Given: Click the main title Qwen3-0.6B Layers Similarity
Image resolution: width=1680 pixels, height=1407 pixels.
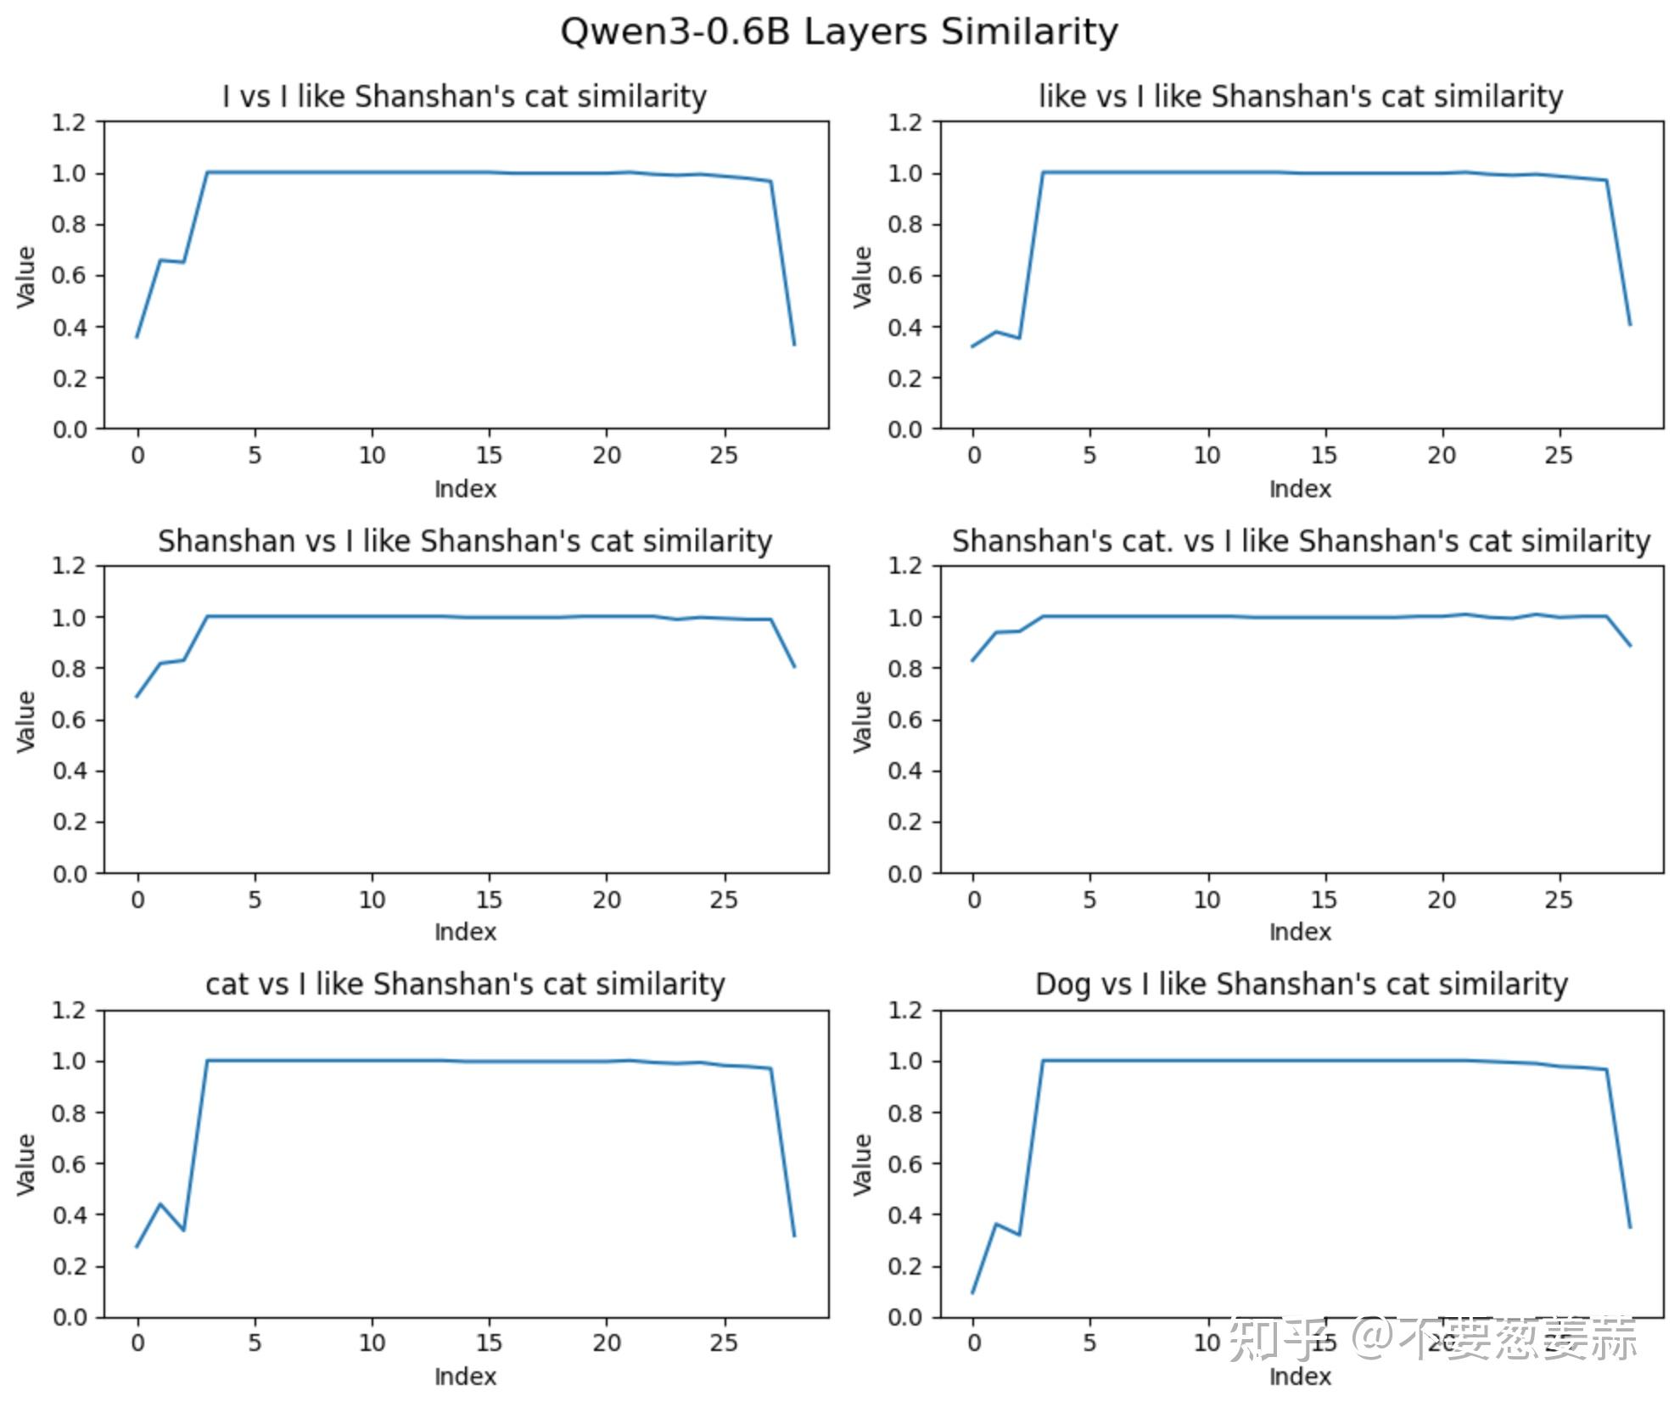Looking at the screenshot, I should (838, 32).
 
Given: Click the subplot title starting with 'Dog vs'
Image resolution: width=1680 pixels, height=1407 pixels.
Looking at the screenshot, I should (1301, 984).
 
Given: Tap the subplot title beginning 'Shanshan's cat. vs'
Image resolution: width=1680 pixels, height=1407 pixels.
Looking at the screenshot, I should (1301, 541).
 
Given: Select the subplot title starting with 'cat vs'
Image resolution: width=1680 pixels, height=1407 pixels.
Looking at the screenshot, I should (465, 984).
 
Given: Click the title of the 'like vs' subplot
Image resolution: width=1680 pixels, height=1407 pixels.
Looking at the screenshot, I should (1301, 97).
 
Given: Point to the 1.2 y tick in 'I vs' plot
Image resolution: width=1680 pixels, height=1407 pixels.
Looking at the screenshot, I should (69, 122).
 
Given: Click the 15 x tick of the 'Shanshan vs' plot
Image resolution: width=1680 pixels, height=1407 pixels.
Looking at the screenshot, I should (489, 900).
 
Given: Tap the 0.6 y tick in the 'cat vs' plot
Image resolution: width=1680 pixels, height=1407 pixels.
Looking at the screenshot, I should (69, 1163).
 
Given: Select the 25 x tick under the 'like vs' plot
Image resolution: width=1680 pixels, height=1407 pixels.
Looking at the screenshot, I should (1559, 456).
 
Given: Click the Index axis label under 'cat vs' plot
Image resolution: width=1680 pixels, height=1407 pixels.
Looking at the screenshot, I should (465, 1376).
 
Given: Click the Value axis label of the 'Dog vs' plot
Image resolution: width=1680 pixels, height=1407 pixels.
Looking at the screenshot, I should (862, 1163).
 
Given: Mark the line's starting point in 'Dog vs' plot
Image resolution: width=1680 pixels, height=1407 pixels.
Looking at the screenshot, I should (972, 1292).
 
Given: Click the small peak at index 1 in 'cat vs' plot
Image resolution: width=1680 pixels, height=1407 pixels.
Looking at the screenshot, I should (160, 1203).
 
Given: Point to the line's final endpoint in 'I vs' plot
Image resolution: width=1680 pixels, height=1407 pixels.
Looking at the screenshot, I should (794, 345).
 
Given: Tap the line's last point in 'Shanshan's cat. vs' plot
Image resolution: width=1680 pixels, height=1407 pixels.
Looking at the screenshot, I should (1630, 646).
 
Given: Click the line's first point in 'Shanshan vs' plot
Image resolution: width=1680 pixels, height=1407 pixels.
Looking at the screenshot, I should (137, 697).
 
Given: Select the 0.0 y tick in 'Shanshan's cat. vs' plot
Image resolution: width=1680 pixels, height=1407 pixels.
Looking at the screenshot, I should (904, 873).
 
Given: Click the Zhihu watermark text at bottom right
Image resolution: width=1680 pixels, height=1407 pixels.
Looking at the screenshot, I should (1434, 1339).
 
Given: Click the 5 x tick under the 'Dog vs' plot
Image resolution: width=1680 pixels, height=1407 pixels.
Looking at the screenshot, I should (1089, 1343).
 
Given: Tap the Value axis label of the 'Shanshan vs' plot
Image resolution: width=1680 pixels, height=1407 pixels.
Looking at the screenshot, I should (26, 720).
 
